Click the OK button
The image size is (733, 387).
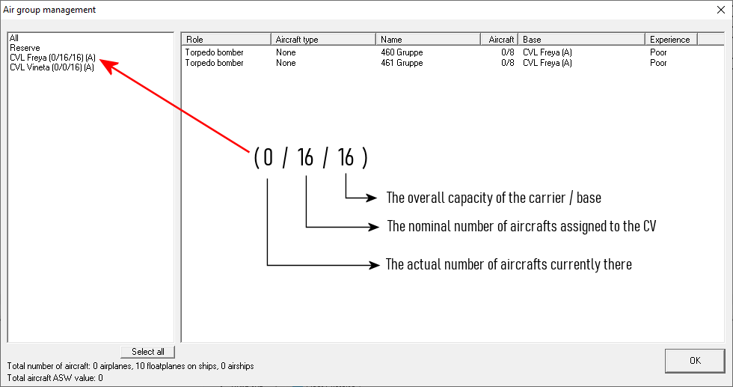[x=695, y=360]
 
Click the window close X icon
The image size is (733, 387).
[x=721, y=10]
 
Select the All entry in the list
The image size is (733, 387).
[x=14, y=38]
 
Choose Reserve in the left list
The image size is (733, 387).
[x=25, y=48]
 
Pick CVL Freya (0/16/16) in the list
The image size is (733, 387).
[x=52, y=58]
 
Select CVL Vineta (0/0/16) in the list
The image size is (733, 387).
[x=52, y=67]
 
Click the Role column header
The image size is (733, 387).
[x=226, y=40]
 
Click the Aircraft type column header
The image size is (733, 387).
[x=323, y=40]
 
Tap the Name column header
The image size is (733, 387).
[x=428, y=40]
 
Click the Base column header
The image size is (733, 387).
[x=581, y=40]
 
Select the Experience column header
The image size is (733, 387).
[x=671, y=40]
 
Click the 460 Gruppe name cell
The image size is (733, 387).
[x=402, y=52]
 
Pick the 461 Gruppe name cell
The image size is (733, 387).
[x=402, y=63]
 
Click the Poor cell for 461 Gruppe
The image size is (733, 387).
[x=658, y=63]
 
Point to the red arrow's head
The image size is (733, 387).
[x=102, y=61]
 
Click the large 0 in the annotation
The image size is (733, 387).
[x=268, y=157]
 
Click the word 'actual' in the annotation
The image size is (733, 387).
[x=423, y=264]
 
